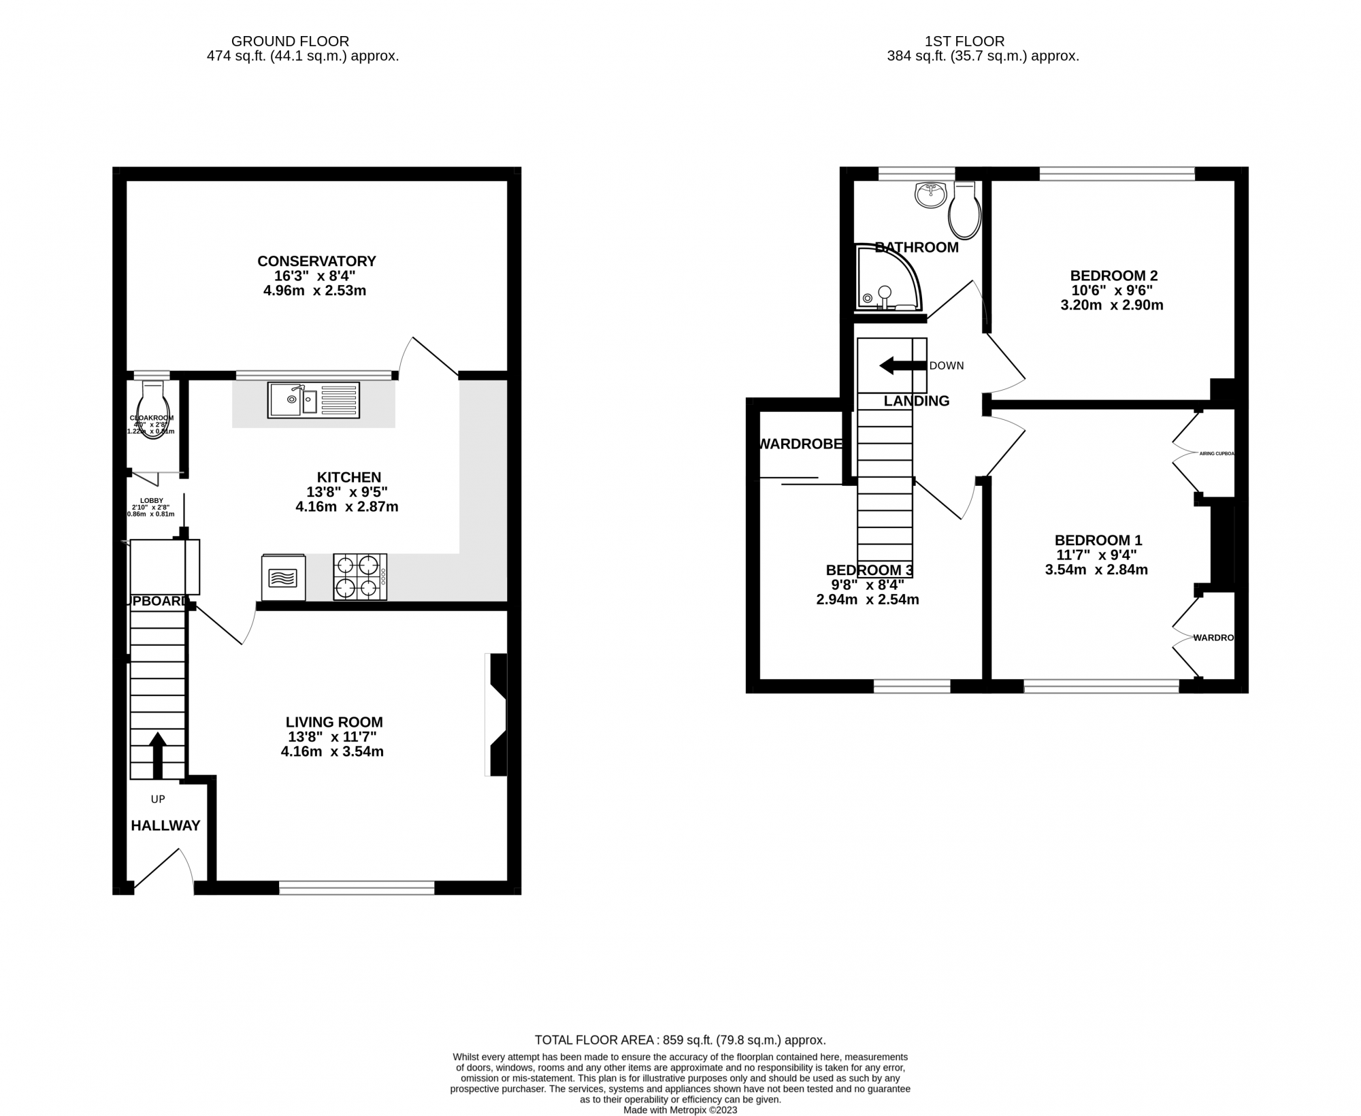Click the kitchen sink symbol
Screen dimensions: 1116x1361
[313, 400]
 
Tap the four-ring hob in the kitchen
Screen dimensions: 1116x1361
[360, 577]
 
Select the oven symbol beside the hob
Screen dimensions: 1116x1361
[283, 578]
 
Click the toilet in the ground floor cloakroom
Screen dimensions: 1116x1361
[153, 408]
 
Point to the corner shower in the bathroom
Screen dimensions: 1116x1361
[885, 279]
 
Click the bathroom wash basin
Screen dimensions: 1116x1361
[930, 195]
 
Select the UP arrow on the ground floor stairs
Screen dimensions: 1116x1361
[157, 754]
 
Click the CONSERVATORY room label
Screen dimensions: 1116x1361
[316, 261]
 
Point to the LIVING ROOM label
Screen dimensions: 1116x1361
[334, 722]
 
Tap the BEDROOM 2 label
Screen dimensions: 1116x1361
[1113, 276]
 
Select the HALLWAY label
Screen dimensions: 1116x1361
[165, 825]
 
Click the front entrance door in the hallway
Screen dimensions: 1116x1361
[163, 870]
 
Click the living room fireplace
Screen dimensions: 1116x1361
[497, 715]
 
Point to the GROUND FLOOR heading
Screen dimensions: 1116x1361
[290, 42]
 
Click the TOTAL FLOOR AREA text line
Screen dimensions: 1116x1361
[680, 1059]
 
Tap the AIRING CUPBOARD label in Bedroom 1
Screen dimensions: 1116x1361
[1216, 453]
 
